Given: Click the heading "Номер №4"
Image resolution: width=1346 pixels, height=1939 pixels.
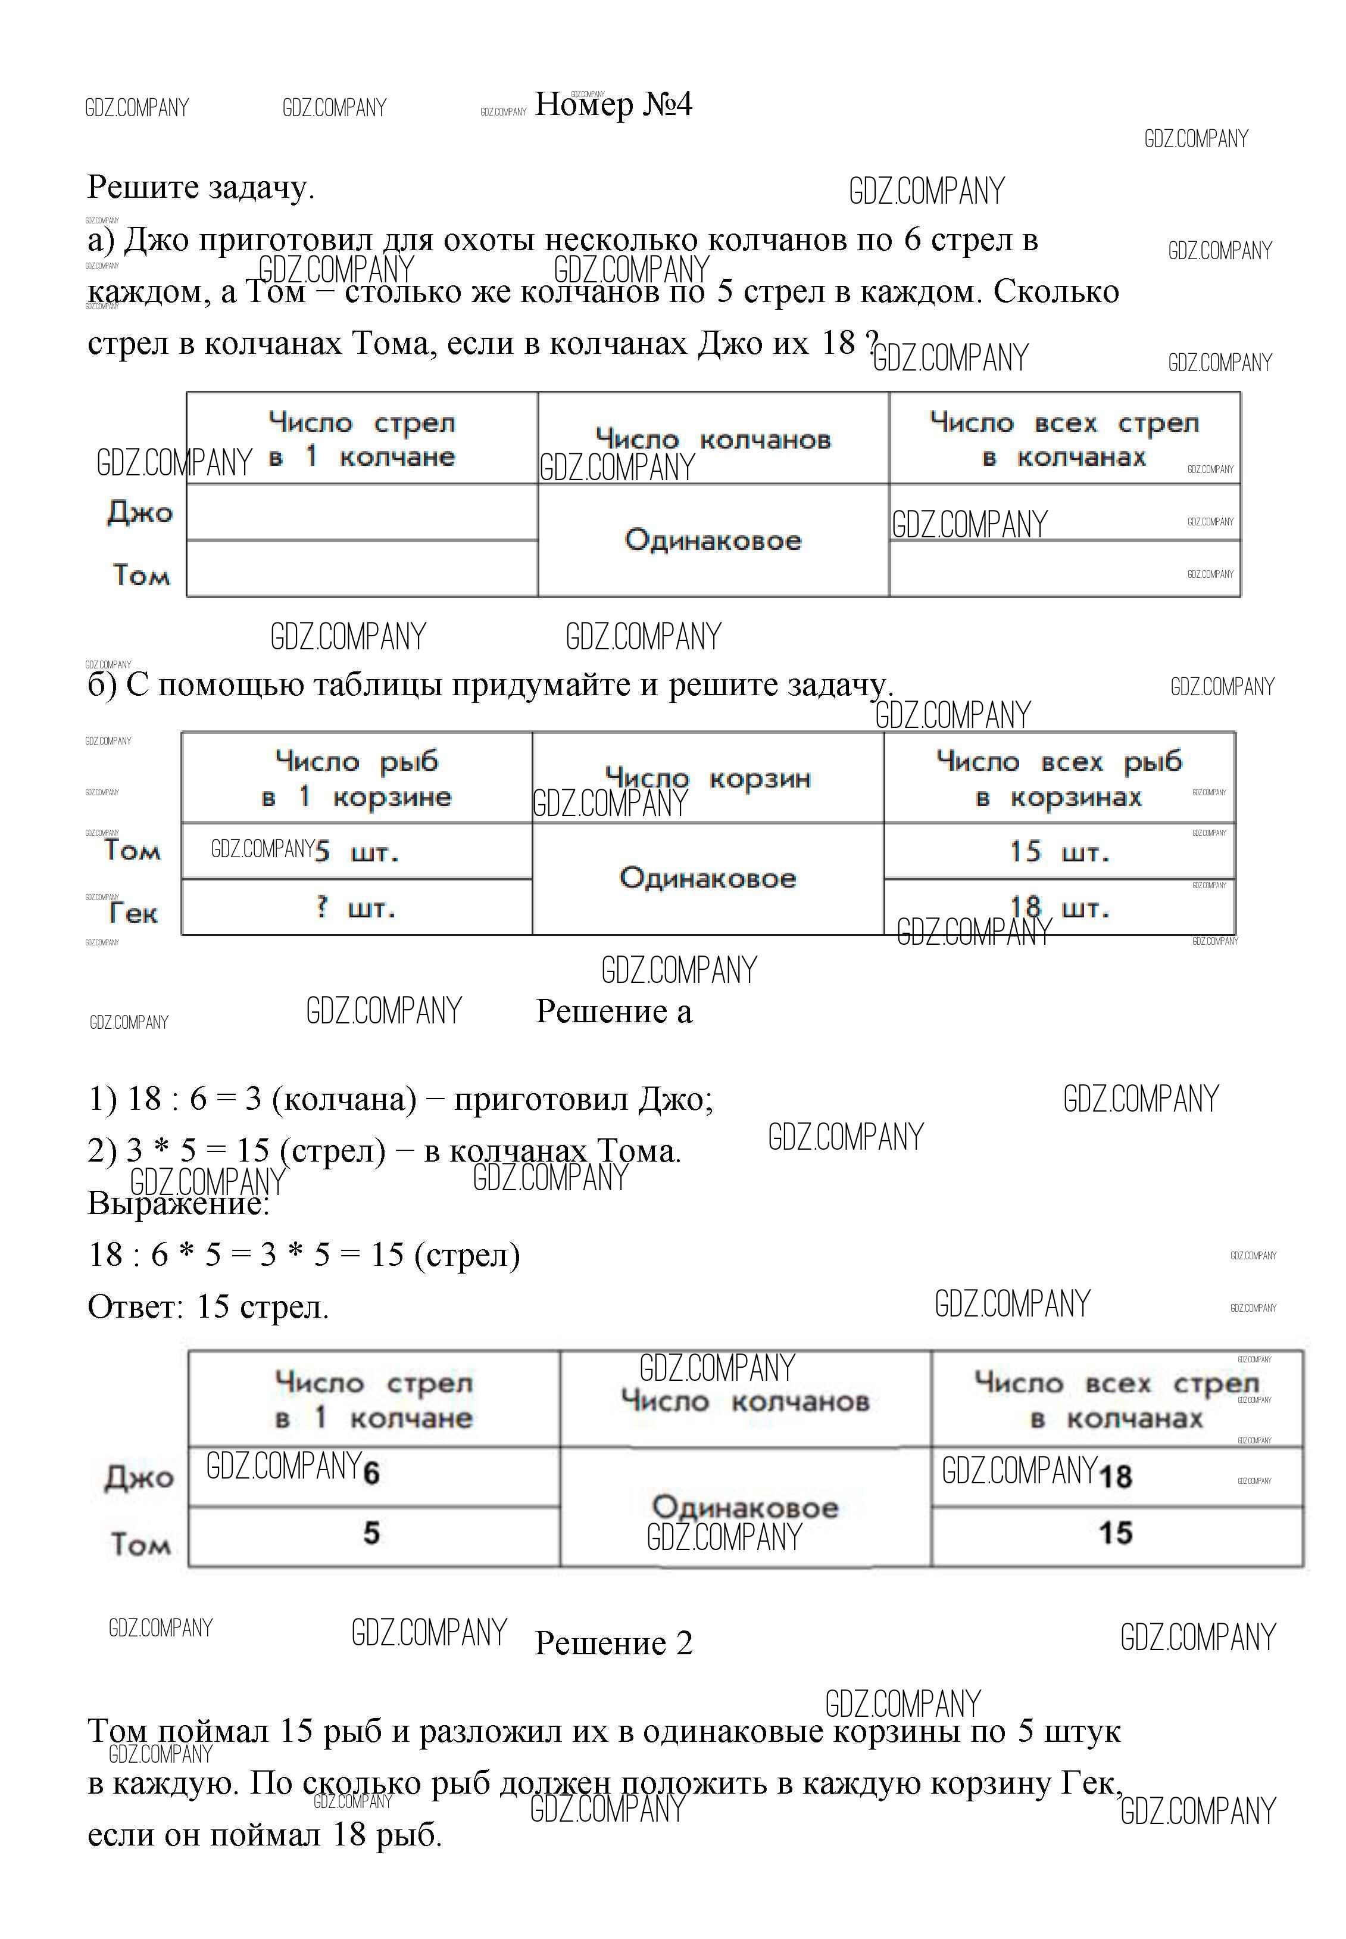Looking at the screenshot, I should [613, 105].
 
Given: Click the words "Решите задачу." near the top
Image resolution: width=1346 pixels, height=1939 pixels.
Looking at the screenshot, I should [201, 187].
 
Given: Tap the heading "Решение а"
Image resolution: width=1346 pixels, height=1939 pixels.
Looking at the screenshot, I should [613, 1011].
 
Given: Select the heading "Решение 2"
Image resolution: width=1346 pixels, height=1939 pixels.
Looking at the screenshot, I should [613, 1643].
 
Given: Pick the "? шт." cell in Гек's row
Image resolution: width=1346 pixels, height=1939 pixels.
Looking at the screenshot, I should [356, 908].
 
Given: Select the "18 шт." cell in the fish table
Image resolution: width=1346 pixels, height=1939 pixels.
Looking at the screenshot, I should [1059, 908].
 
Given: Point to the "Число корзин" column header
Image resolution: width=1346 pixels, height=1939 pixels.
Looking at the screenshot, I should [708, 778].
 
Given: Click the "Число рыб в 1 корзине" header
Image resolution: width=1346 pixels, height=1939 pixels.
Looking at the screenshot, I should [356, 779].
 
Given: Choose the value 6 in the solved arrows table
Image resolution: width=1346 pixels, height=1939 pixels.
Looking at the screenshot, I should [371, 1473].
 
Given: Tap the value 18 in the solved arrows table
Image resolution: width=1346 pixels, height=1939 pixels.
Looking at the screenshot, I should [1115, 1476].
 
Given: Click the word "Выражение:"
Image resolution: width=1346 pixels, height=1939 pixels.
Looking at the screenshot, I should [178, 1203].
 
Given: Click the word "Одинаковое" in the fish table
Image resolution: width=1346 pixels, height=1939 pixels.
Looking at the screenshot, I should [708, 879].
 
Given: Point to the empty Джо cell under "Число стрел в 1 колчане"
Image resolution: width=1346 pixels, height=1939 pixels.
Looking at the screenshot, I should [362, 512].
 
